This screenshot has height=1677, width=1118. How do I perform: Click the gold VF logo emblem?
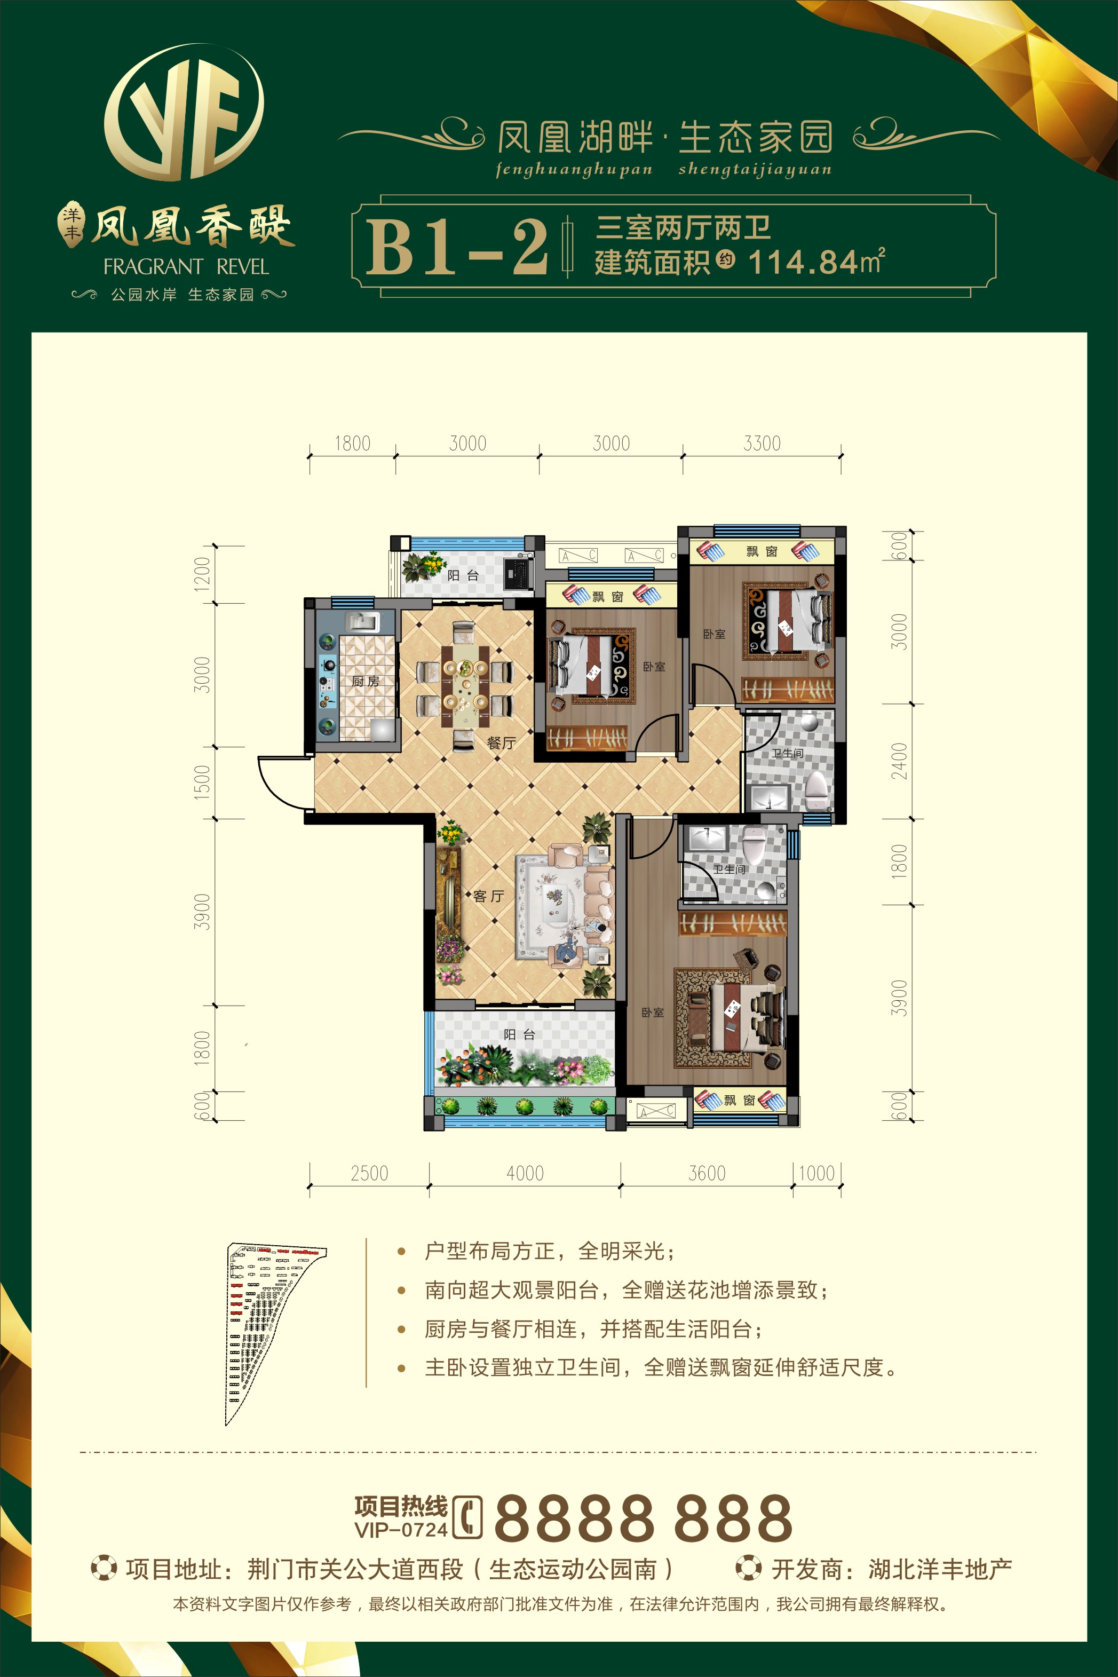point(184,112)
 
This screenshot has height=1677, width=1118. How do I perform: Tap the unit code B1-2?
point(457,247)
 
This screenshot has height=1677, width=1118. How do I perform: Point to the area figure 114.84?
point(803,263)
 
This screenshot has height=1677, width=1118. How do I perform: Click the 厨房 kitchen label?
point(365,682)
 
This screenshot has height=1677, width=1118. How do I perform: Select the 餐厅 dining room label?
point(501,742)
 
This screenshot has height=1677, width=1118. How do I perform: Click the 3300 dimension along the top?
point(762,444)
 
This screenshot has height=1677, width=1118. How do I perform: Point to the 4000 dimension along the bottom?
point(525,1173)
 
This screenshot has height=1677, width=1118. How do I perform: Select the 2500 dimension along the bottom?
point(369,1173)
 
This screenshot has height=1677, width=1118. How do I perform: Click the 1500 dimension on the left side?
point(203,781)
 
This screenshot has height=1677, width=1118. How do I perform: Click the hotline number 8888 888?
point(643,1518)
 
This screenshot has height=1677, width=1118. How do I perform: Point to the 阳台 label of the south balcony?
point(519,1034)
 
